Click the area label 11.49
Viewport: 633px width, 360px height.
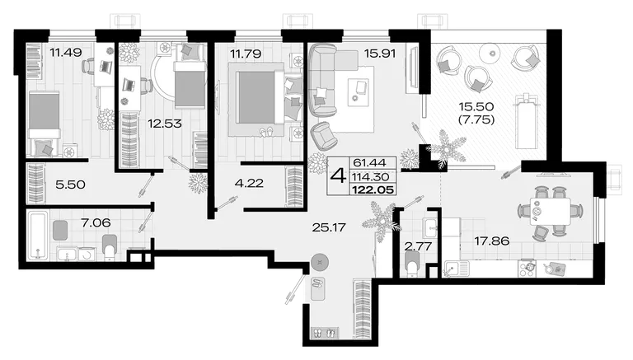click(65, 52)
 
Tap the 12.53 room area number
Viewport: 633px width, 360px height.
click(164, 124)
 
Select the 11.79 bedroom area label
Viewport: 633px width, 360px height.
click(246, 54)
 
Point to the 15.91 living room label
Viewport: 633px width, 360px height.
click(379, 54)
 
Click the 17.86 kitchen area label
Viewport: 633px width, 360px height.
click(492, 241)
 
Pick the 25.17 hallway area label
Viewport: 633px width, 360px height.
click(329, 227)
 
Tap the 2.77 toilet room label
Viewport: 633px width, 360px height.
click(418, 246)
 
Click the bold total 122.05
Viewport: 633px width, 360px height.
click(373, 189)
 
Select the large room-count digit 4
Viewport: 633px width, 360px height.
click(338, 176)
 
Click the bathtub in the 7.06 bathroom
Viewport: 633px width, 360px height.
click(38, 236)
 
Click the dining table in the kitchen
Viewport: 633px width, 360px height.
click(551, 212)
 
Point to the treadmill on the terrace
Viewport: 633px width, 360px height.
click(525, 120)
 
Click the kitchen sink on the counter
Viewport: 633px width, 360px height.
click(457, 269)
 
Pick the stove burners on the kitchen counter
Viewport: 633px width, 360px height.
click(527, 269)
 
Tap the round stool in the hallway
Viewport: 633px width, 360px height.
click(320, 263)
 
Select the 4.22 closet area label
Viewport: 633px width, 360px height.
click(249, 183)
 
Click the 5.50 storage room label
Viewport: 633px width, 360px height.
click(70, 185)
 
